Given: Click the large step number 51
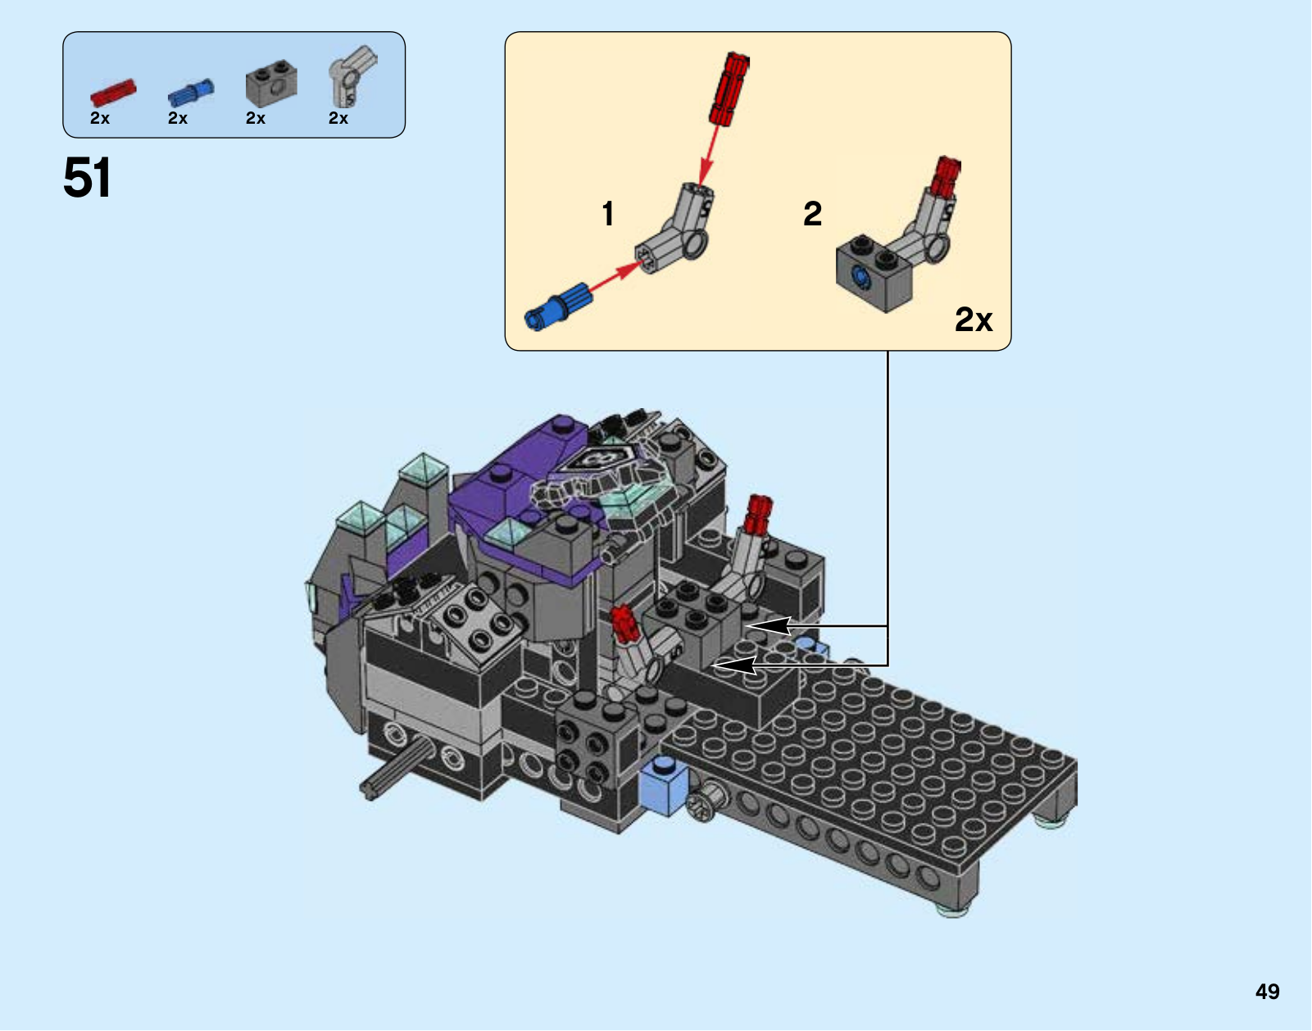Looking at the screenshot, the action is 87,178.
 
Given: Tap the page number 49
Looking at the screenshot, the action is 1267,991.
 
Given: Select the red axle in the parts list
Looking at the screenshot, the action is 114,93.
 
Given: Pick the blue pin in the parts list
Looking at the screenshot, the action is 191,93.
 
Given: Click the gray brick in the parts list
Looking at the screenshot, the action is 272,84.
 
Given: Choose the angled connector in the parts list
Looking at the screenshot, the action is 352,75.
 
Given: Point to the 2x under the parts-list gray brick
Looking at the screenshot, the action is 256,118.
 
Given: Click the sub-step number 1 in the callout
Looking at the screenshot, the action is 608,214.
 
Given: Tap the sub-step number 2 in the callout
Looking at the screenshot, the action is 813,214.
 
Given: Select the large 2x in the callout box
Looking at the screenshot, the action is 974,319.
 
